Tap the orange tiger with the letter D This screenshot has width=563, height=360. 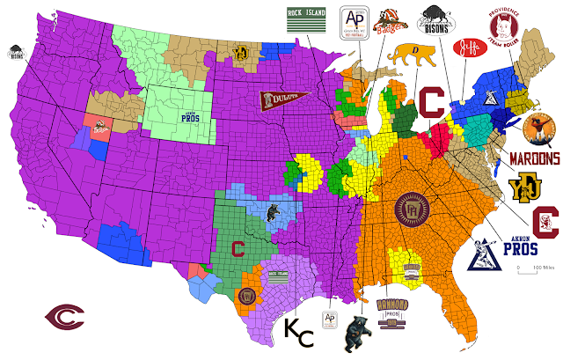click(x=405, y=55)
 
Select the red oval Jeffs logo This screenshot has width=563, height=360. click(x=467, y=48)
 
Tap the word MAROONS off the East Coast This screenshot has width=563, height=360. click(x=534, y=159)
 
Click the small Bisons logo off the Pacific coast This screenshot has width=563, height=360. click(x=15, y=52)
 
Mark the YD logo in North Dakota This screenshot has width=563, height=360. click(x=237, y=52)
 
